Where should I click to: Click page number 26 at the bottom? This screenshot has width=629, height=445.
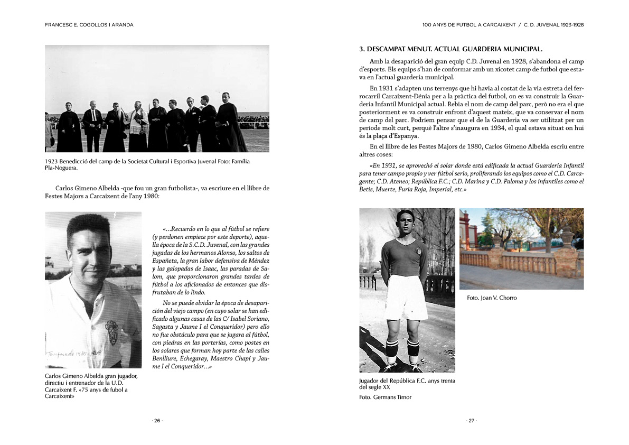pos(157,421)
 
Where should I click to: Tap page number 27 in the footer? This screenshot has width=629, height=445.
pos(471,421)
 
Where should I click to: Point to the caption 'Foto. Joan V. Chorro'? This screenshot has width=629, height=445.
pos(492,298)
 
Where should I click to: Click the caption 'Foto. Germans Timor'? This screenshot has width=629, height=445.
pos(385,397)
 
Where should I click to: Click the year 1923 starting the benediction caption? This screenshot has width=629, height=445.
pos(51,161)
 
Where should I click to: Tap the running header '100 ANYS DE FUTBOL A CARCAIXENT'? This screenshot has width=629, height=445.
pos(468,24)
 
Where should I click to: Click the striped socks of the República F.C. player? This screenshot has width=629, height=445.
pos(402,349)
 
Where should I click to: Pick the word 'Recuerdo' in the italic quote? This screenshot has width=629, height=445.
pos(184,229)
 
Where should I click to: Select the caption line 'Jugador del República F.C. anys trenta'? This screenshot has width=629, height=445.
pos(407,381)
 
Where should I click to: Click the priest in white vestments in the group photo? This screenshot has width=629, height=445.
pos(139,127)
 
